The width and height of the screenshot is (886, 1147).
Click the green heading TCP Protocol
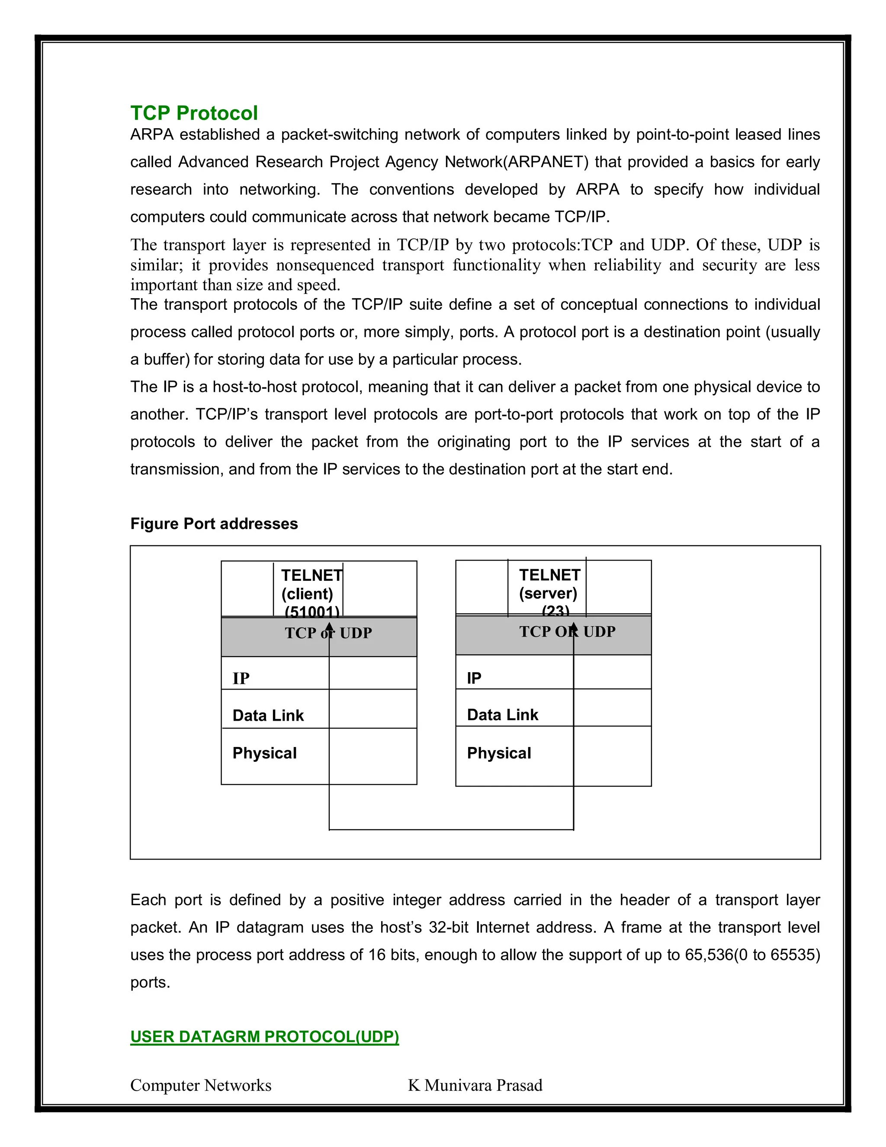coord(194,113)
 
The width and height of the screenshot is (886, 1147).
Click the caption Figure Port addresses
coord(214,524)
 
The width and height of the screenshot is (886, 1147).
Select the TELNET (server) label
coord(549,584)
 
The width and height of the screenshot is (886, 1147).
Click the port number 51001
coord(312,611)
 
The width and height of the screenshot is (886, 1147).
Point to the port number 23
coord(555,611)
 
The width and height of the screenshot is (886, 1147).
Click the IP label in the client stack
coord(241,679)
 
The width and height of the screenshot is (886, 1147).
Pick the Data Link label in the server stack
coord(502,715)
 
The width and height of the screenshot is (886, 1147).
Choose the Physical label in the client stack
coord(264,753)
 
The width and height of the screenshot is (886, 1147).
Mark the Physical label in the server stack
coord(499,753)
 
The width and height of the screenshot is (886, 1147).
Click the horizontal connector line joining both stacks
coord(451,830)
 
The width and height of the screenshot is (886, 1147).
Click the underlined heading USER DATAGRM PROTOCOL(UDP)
coord(264,1037)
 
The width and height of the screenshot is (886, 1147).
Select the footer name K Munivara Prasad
coord(475,1085)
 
